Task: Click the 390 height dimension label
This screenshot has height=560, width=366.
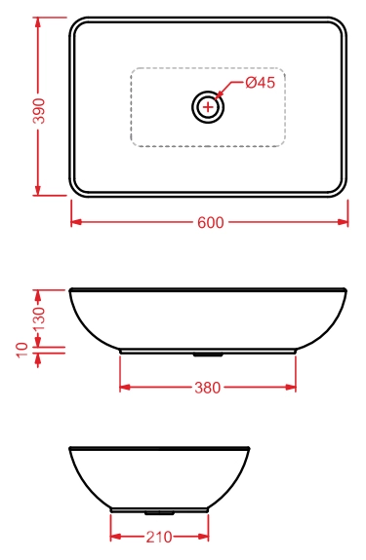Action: pos(39,111)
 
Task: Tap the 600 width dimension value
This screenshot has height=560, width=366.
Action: pos(211,222)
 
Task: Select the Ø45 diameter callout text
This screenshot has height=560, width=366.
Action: pos(260,83)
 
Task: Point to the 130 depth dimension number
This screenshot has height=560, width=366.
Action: pos(39,318)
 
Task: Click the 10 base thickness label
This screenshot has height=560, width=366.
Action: pos(22,350)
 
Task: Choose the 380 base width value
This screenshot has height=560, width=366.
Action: pos(208,388)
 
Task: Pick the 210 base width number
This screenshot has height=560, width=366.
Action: pos(159,537)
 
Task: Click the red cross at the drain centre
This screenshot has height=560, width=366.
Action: pos(208,107)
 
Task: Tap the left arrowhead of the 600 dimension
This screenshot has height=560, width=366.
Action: pos(76,222)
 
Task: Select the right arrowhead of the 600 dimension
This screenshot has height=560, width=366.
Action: pos(343,222)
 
